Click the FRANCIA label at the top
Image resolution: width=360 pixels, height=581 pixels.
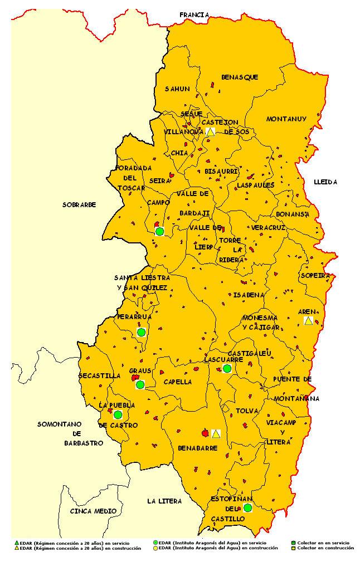pos(194,15)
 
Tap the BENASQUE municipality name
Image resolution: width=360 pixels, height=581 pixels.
pos(240,77)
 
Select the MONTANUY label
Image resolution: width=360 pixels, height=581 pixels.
pos(286,119)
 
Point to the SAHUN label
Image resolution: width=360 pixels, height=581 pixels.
pos(177,89)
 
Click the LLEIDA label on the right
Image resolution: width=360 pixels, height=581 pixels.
pos(325,182)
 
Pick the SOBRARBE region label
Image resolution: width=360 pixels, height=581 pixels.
pos(79,204)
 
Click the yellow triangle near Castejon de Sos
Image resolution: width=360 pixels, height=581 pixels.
pos(210,132)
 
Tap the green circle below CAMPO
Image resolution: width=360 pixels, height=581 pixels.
pos(159,231)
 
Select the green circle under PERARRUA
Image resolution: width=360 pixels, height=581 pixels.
pos(141,332)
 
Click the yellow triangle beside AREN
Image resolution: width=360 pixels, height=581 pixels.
pos(308,320)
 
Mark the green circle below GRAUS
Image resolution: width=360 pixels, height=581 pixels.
pos(140,384)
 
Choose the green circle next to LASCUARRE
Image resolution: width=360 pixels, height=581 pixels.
pos(227,368)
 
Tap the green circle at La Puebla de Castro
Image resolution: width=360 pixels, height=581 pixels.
pos(118,414)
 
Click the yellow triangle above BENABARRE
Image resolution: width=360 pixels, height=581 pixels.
pos(216,433)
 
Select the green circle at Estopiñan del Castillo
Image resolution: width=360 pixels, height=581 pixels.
pos(247,507)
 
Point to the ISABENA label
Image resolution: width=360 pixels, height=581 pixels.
pos(245,295)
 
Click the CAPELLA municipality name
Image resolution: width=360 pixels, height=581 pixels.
pos(178,382)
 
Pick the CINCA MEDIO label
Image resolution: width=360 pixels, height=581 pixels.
pos(93,511)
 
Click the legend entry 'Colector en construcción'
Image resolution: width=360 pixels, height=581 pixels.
pos(325,548)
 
